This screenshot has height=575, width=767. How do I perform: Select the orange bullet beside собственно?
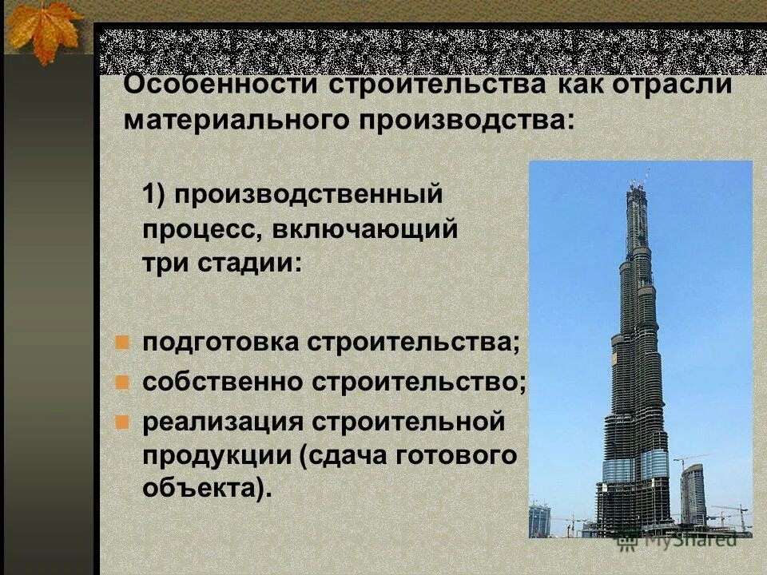122,382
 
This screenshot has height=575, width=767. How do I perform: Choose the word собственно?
223,382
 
